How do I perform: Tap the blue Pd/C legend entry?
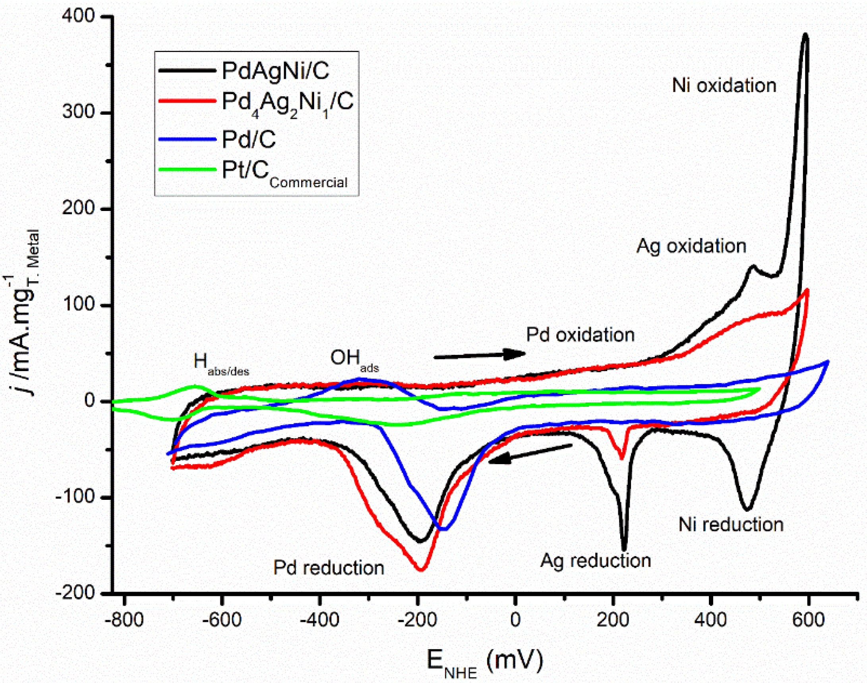click(x=248, y=139)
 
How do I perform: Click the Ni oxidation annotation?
click(x=724, y=85)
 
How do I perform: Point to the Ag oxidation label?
click(x=691, y=246)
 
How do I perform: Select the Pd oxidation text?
click(x=580, y=335)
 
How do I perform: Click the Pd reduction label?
click(x=328, y=568)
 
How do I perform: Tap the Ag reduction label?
click(x=596, y=561)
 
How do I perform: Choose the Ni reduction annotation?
click(x=731, y=524)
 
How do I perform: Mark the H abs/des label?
click(x=221, y=364)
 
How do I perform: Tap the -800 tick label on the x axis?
click(x=124, y=620)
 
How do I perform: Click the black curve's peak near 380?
click(x=805, y=35)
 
